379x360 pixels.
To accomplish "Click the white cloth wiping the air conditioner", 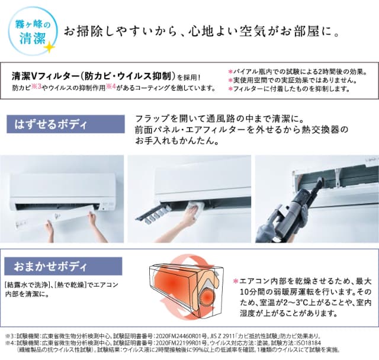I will pos(195,208).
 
